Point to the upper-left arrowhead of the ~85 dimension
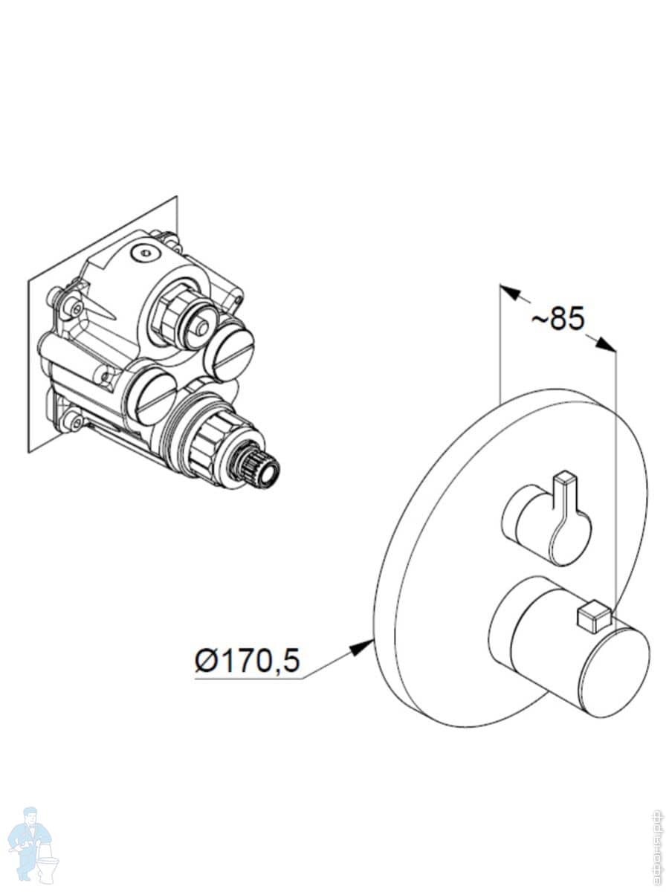click(x=508, y=291)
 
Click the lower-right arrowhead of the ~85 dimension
click(x=607, y=344)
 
